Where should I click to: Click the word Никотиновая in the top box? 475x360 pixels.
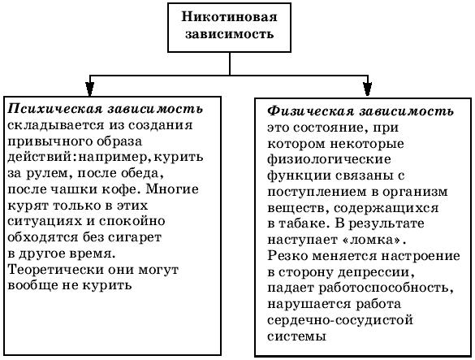coord(229,17)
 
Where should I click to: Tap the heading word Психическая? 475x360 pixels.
coord(55,109)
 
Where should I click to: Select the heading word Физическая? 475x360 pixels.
coord(310,111)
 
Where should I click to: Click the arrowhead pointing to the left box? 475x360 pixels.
coord(89,89)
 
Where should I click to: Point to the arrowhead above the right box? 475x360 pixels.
coord(368,89)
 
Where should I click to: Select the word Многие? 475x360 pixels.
coord(173,189)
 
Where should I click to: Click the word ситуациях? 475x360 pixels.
coord(45,221)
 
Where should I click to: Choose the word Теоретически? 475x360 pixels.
coord(55,270)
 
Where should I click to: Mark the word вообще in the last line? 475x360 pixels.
coord(32,285)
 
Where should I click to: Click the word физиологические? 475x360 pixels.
coord(329,160)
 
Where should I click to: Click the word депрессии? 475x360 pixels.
coord(376,273)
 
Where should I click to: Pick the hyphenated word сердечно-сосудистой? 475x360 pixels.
coord(340,320)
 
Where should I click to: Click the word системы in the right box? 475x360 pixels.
coord(296,336)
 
